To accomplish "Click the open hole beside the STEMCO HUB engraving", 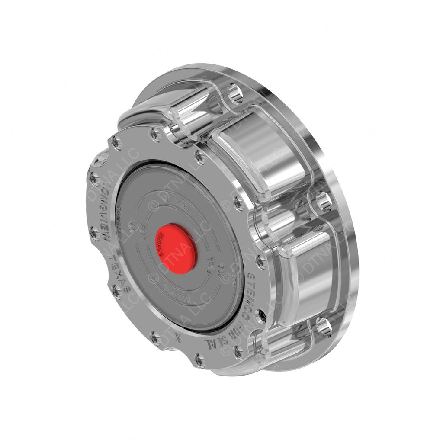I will click(261, 315).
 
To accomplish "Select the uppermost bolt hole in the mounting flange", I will click(235, 93).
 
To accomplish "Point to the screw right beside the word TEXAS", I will click(117, 292).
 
